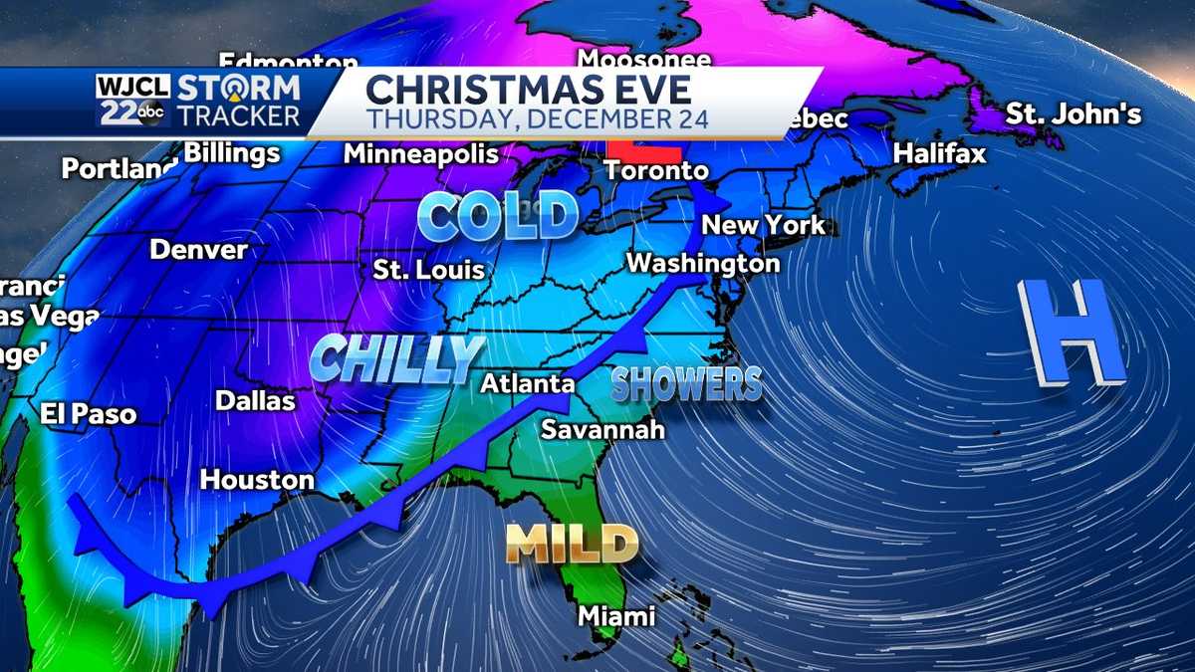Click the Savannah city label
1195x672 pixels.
(601, 430)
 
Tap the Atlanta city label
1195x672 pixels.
(527, 383)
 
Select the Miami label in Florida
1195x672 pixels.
(617, 616)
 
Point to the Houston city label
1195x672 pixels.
(257, 480)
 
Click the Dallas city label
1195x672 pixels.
(256, 400)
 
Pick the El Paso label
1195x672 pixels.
(88, 414)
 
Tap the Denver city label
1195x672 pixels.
(198, 249)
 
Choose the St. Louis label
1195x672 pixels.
(429, 270)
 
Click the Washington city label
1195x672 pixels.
(702, 264)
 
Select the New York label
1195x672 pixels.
(764, 225)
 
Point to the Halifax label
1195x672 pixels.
(939, 154)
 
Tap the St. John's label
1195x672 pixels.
(1073, 114)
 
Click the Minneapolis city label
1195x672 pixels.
(421, 154)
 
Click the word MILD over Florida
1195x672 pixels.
(572, 544)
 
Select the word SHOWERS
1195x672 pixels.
(686, 384)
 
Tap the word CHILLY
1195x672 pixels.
(396, 358)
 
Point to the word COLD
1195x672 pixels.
(498, 216)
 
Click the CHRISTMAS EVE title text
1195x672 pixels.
(528, 90)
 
